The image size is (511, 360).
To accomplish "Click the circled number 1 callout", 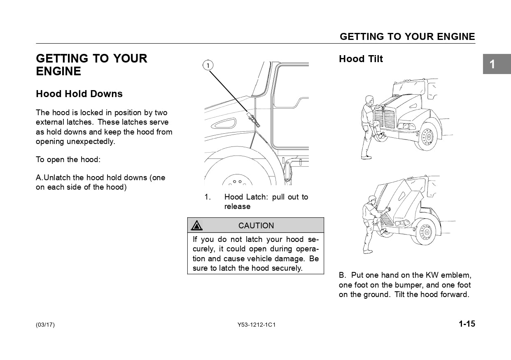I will point(208,65).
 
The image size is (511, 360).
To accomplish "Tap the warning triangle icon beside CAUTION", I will point(197,225).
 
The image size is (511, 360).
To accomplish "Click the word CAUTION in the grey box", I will point(256,225).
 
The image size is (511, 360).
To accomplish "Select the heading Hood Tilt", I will point(361,59).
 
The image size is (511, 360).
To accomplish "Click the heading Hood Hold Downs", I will point(79,94).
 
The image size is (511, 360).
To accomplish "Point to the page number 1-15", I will point(467,324).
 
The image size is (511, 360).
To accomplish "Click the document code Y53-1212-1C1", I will point(256,325).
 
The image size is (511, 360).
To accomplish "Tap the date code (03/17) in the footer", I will point(45,325).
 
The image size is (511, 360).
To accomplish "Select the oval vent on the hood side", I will point(222,123).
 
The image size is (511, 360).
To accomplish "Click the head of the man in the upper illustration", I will point(369,100).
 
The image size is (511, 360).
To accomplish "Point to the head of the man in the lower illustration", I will point(372,200).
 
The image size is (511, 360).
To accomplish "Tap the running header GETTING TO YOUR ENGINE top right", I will point(407,37).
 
